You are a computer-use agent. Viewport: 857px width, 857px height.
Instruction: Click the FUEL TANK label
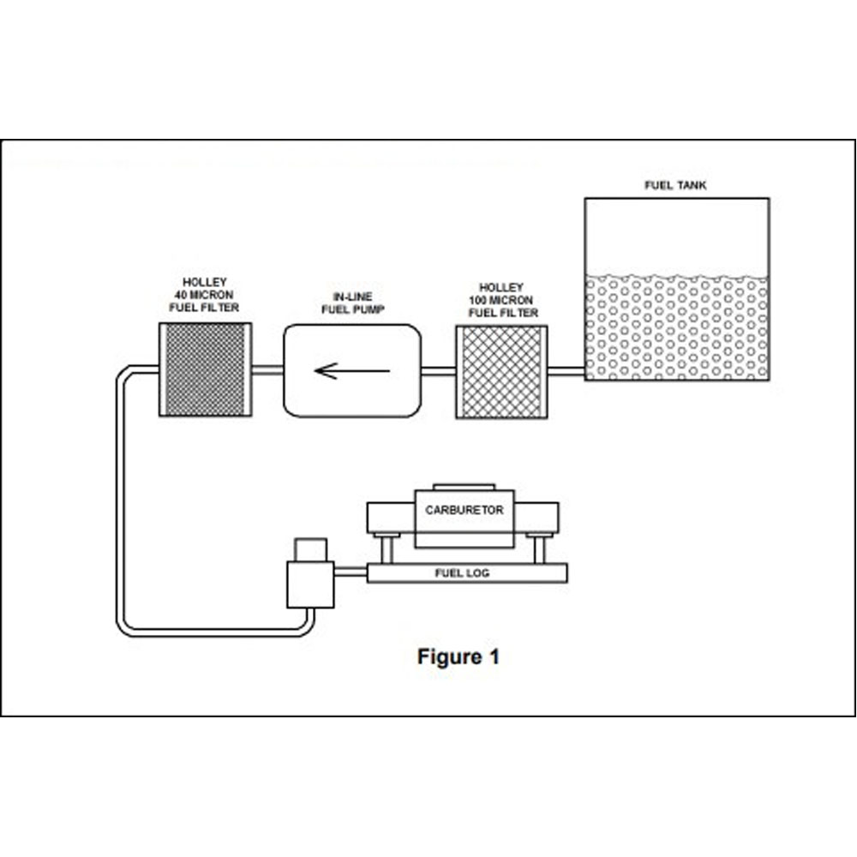(x=675, y=185)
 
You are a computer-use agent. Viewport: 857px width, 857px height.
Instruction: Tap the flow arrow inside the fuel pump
(x=352, y=371)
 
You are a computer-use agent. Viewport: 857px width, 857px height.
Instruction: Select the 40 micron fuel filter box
(x=205, y=369)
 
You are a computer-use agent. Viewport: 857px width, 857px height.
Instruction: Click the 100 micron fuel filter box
(x=501, y=372)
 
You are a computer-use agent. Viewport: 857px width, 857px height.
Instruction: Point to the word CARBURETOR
(x=464, y=510)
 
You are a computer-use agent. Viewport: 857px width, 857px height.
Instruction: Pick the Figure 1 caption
(x=458, y=657)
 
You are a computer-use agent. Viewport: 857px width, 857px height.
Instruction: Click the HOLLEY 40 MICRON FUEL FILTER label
(x=206, y=295)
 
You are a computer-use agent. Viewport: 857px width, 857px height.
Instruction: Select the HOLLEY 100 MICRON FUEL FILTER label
(x=502, y=301)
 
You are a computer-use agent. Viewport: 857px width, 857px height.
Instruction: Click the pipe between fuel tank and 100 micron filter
(x=566, y=371)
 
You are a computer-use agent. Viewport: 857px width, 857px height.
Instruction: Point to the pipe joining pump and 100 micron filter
(x=438, y=371)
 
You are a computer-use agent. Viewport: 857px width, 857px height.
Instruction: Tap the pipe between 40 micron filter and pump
(x=267, y=370)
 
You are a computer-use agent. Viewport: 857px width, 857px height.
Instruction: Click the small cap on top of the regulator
(x=309, y=549)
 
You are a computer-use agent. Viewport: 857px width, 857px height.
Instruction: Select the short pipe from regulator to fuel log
(x=351, y=572)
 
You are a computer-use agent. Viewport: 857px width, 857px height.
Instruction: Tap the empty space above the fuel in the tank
(x=676, y=236)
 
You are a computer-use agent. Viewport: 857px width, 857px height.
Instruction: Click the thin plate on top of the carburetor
(x=464, y=487)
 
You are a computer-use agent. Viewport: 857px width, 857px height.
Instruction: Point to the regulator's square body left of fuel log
(x=309, y=584)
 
